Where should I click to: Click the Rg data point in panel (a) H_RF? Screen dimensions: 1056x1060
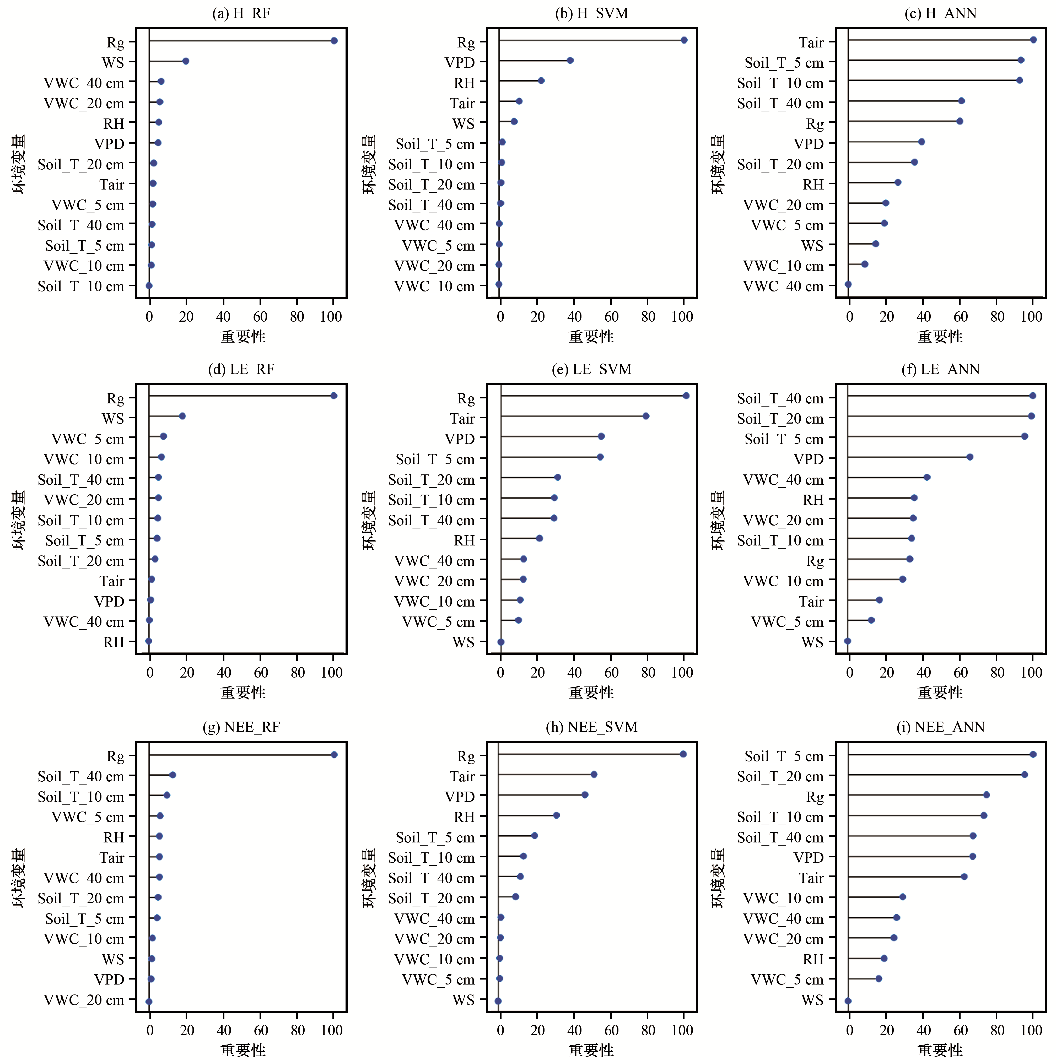334,41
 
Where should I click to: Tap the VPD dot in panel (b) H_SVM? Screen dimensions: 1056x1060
570,60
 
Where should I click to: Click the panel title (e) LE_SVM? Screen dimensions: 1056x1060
592,369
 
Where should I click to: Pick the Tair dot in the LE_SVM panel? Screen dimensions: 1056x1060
646,416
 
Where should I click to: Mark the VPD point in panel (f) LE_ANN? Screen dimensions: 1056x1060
970,457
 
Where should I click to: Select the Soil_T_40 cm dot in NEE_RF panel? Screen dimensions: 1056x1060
172,775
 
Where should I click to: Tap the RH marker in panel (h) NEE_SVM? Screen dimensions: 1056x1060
557,815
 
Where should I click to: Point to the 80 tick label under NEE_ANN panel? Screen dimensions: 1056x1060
997,1030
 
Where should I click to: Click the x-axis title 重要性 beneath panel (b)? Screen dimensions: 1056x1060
591,336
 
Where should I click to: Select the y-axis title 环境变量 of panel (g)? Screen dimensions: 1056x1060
19,878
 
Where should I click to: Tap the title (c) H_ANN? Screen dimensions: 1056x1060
941,13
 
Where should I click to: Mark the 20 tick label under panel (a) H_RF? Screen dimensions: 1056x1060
187,317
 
